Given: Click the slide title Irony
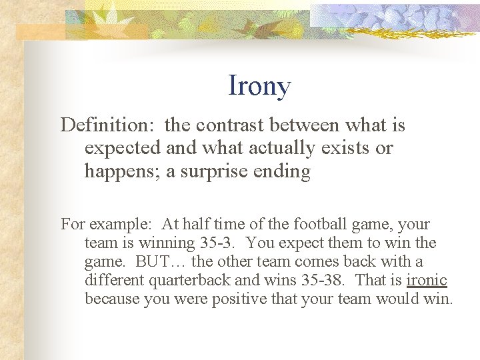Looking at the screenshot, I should (259, 86).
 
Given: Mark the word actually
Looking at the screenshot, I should (276, 148).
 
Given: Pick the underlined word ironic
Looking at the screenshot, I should (427, 280).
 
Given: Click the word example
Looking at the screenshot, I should (117, 225).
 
